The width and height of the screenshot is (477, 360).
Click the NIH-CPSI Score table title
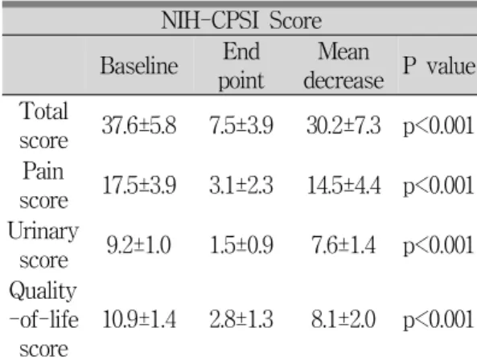point(241,21)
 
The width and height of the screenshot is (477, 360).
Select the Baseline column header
point(139,66)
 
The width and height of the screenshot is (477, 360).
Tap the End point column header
point(241,66)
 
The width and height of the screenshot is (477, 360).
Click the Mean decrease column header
point(343,66)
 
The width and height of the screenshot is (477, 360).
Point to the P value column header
point(438,66)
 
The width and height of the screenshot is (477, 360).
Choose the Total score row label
point(43,125)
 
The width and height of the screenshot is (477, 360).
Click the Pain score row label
point(43,185)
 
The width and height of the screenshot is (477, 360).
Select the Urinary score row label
point(43,245)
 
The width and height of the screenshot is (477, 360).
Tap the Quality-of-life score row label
point(43,319)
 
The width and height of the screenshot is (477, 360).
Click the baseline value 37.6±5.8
point(139,125)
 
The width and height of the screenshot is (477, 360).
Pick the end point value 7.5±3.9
point(241,125)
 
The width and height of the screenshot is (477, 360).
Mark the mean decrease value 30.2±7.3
point(343,125)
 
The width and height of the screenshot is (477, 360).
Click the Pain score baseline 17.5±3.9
point(139,186)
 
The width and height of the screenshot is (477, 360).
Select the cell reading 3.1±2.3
point(241,186)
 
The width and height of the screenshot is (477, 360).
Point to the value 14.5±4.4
point(343,186)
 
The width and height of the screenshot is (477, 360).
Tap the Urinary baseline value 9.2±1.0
point(138,245)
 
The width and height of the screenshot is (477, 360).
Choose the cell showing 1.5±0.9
point(241,245)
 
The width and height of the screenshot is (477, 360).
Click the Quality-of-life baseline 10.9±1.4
point(139,319)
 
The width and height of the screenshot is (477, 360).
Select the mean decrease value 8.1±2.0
point(343,319)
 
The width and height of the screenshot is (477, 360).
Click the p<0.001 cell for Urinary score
point(438,246)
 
